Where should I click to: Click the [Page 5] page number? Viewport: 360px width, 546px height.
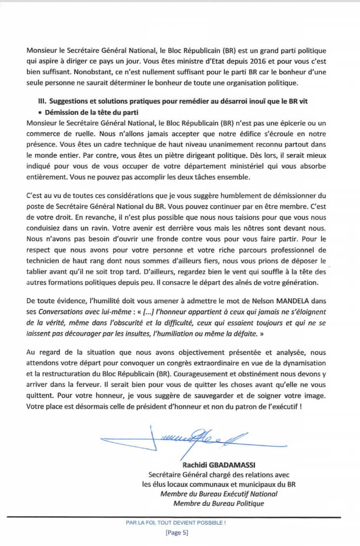[176, 533]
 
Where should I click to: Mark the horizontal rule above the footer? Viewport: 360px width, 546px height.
[180, 516]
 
